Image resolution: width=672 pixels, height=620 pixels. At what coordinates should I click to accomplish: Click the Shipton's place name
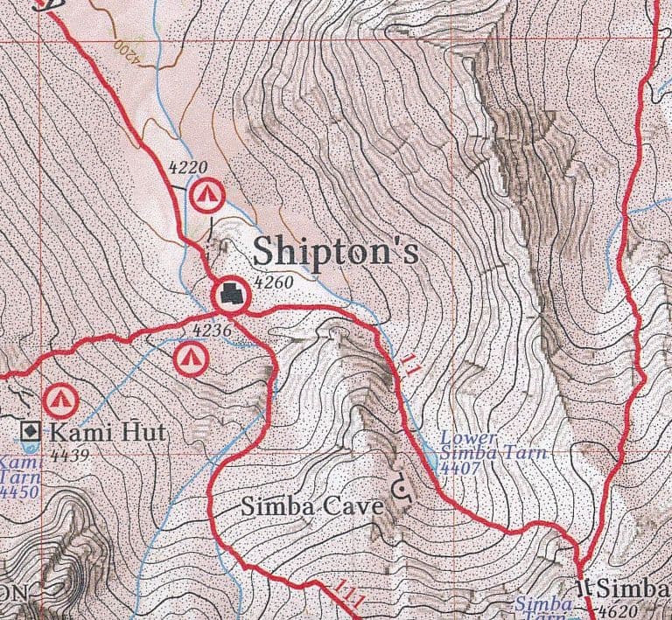pos(336,251)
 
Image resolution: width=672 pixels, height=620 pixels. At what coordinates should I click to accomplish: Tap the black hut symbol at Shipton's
pos(232,295)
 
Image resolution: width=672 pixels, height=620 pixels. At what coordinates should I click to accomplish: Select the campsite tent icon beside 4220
pos(207,194)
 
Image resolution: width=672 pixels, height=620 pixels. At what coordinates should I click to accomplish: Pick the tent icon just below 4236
pos(190,356)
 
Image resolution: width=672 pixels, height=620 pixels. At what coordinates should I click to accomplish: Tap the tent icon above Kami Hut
pos(60,401)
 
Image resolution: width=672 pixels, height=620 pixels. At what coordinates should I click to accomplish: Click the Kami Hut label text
pos(107,431)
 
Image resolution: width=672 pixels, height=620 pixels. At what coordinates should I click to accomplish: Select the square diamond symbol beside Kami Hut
pos(31,431)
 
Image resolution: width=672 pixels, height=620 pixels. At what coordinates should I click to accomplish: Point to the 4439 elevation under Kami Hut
pos(66,454)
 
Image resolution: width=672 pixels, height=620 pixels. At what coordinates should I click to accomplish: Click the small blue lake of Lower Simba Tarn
pos(430,456)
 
